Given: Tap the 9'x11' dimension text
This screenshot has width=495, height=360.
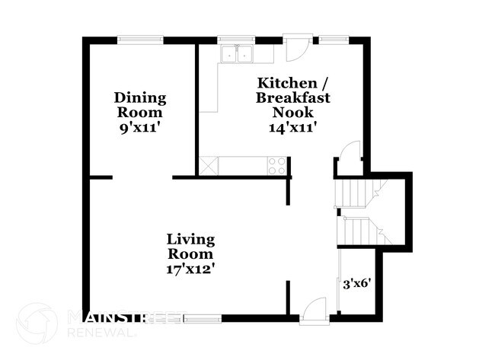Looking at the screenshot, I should pos(140,127).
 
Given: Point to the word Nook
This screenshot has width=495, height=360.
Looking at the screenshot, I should pos(288,113).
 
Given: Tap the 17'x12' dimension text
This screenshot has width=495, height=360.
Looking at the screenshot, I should pos(190,268).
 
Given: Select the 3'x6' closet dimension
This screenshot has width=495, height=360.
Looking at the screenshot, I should pos(356,284).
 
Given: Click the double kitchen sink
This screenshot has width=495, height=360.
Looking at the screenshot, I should pos(237,54).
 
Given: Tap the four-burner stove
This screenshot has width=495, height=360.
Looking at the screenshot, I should pos(277,165).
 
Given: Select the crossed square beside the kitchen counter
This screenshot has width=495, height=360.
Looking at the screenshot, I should pos(207,165).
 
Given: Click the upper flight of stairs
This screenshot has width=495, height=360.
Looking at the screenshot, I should pos(355,194).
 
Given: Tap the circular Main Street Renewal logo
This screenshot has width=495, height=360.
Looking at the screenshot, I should pos(37,323).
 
